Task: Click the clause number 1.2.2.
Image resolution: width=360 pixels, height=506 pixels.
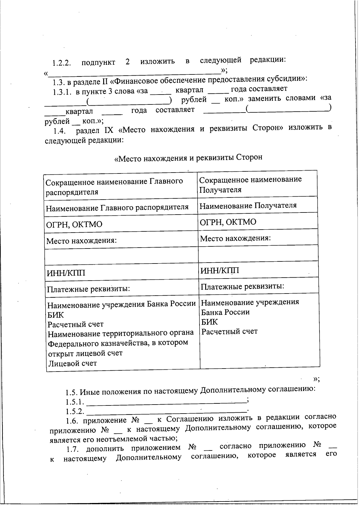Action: [x=61, y=63]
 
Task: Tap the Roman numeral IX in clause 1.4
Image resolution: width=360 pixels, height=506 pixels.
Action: [x=108, y=130]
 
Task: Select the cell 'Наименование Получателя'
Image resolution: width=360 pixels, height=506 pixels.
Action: [x=248, y=206]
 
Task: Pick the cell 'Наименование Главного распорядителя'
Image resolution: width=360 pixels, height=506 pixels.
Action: [x=117, y=207]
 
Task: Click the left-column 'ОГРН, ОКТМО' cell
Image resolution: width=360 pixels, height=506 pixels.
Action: [x=74, y=224]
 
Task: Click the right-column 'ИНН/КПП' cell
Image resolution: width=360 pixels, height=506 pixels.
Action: [x=220, y=271]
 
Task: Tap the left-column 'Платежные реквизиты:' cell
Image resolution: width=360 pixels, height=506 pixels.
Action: [x=88, y=289]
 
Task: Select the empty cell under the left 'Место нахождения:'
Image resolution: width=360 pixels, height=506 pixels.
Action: [x=121, y=256]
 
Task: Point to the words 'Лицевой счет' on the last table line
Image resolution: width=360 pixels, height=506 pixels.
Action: [x=72, y=363]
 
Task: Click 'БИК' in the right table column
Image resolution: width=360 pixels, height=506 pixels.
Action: [x=209, y=322]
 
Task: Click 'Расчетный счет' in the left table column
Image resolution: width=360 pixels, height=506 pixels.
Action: [x=76, y=324]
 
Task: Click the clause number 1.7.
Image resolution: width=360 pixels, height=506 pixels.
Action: [x=73, y=449]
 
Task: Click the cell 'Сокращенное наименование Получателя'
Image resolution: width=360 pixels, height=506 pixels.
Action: [x=250, y=184]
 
